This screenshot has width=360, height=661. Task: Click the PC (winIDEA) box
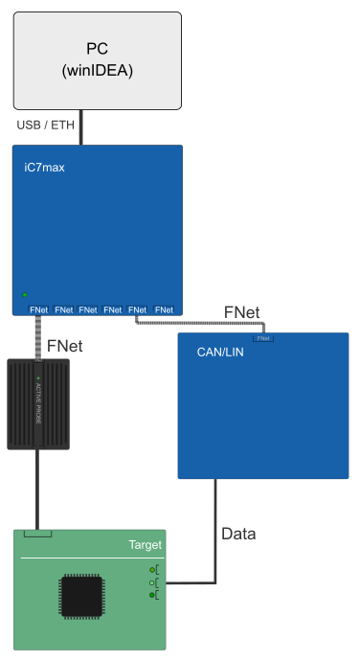[97, 59]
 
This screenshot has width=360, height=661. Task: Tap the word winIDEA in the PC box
[97, 70]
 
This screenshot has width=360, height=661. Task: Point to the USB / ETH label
[46, 125]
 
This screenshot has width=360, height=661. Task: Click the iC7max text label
[44, 168]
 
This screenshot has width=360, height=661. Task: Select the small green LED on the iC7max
[25, 294]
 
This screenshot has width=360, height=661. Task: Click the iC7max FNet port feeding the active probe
[39, 309]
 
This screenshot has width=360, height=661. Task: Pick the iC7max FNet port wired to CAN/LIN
[138, 309]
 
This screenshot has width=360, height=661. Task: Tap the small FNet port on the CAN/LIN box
[263, 338]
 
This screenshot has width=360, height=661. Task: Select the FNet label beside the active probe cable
[64, 343]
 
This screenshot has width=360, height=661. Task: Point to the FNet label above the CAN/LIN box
[240, 312]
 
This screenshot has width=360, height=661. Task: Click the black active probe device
[38, 403]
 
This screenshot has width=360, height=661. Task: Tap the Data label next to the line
[238, 533]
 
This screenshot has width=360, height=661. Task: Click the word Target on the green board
[146, 545]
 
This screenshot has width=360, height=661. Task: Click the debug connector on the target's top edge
[37, 533]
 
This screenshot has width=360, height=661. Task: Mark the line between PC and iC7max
[80, 126]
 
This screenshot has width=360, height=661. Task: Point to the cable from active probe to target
[38, 489]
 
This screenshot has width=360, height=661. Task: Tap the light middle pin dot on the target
[151, 582]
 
